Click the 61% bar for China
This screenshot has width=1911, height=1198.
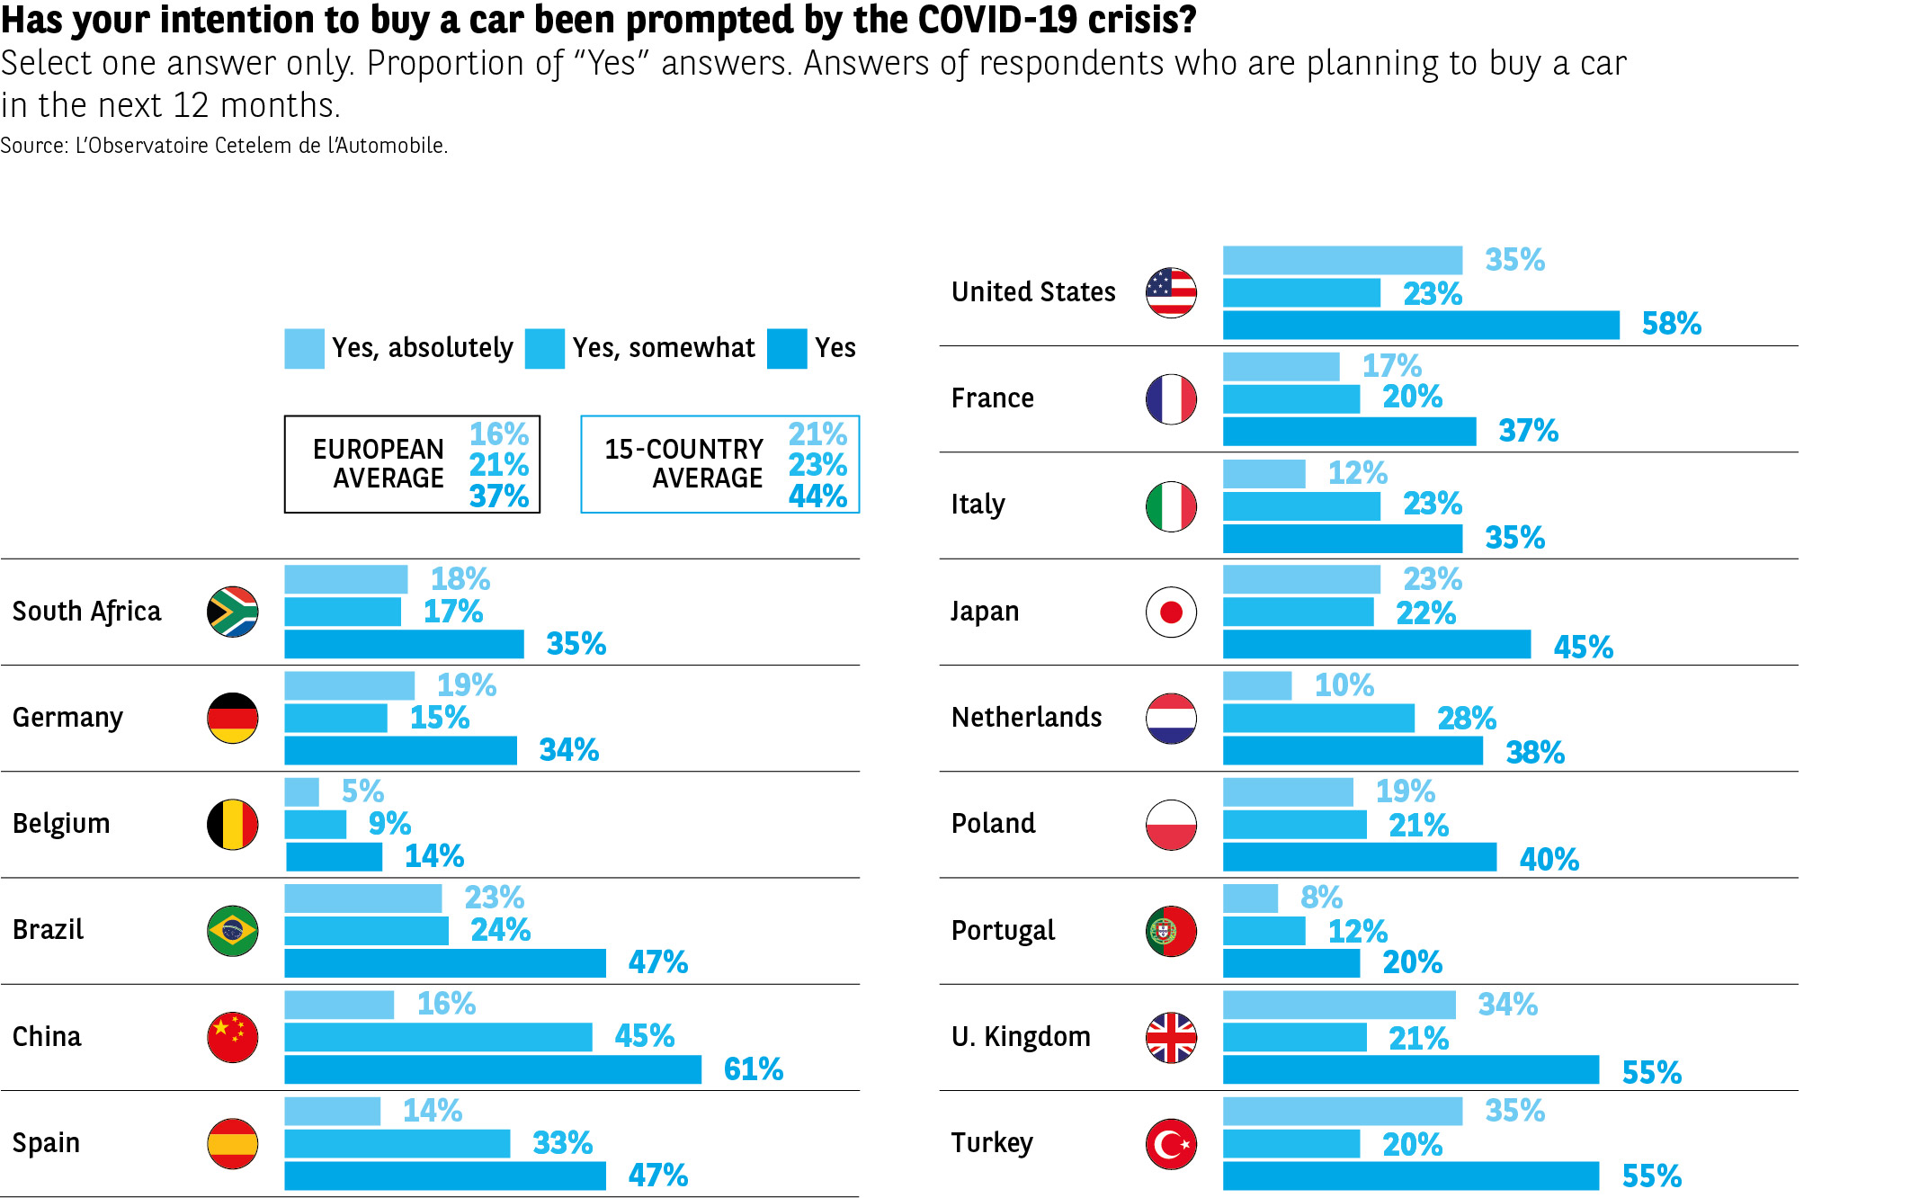point(493,1069)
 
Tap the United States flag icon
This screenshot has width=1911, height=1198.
point(1171,292)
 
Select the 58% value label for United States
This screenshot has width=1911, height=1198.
point(1671,324)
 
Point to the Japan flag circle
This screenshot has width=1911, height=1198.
point(1171,612)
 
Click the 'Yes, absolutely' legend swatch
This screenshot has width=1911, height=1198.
point(304,348)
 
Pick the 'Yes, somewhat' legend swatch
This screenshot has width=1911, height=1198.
point(544,348)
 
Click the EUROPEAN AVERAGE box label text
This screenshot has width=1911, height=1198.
point(379,464)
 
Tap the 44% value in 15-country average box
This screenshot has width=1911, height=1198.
point(817,496)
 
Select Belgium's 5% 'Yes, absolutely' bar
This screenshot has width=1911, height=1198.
point(301,791)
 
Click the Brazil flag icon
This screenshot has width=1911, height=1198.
point(233,931)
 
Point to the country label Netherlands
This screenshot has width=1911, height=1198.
point(1026,718)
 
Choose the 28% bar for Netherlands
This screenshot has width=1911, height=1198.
point(1318,719)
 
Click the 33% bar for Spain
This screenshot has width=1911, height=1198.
point(397,1143)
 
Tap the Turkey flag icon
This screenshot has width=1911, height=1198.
point(1171,1144)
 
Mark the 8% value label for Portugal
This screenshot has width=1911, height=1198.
point(1321,898)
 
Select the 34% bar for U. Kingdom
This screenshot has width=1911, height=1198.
point(1339,1005)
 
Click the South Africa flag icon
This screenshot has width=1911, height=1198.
point(233,612)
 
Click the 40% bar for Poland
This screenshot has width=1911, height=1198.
point(1360,857)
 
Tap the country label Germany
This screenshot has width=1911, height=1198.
point(67,718)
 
